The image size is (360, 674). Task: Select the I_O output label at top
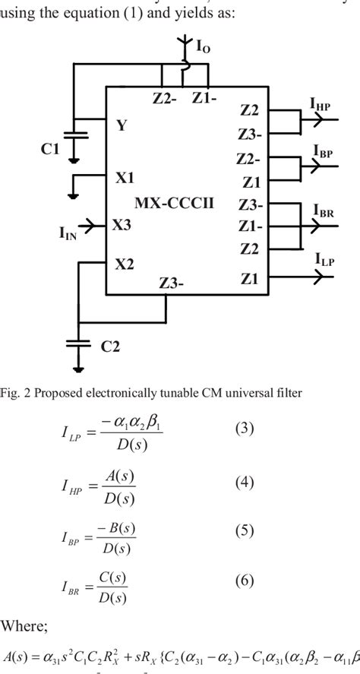[204, 47]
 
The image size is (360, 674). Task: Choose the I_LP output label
[324, 260]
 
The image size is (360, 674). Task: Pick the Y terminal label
[122, 126]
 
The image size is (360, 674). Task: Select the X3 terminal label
[125, 226]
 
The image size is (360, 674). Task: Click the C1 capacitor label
[49, 150]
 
